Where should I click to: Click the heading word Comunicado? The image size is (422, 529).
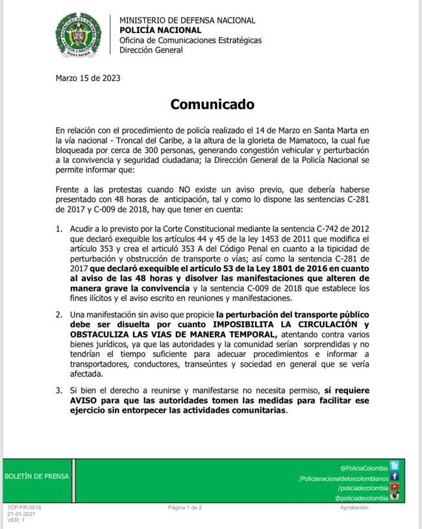point(212,104)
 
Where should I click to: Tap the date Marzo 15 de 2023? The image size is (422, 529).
point(88,78)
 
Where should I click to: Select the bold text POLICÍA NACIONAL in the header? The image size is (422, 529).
point(160,30)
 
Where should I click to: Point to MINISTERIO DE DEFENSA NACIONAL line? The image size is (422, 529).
point(187,20)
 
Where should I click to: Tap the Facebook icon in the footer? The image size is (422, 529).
point(394,476)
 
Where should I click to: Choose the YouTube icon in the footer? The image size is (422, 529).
point(394,487)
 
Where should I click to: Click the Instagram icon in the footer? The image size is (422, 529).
point(394,497)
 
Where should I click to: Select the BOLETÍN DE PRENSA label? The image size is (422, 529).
point(36,476)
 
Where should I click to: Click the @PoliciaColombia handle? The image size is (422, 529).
point(364,468)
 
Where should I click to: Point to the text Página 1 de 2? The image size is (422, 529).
point(185,508)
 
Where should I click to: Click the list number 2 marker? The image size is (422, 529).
point(59,315)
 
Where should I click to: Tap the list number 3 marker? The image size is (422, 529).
point(59,391)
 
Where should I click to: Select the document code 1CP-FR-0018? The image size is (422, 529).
point(24,508)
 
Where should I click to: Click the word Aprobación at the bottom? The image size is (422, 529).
point(354,508)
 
